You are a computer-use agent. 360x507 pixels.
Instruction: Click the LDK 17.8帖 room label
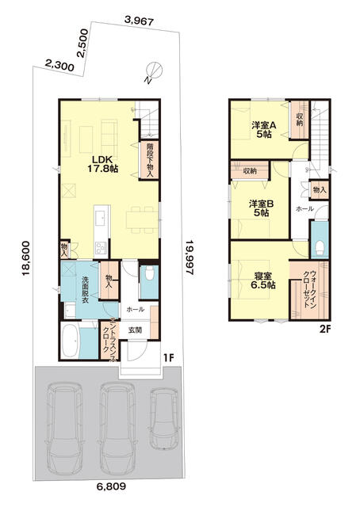[102, 164]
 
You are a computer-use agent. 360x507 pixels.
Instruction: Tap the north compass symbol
[153, 72]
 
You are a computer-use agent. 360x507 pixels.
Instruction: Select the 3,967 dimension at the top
[139, 21]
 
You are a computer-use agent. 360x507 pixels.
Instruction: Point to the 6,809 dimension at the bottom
[111, 486]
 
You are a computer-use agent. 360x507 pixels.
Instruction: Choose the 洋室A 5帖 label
[264, 130]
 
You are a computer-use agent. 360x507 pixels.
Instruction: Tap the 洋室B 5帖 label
[262, 208]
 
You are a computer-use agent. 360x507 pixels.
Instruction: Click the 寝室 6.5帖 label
[263, 280]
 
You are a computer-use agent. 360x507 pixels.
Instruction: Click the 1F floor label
[169, 357]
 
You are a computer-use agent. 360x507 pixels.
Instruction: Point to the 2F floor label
[324, 330]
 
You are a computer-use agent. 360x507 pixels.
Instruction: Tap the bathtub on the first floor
[70, 341]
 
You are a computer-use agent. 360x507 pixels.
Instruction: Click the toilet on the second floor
[320, 247]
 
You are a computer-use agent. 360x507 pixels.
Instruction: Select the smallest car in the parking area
[164, 419]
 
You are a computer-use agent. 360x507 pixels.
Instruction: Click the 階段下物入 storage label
[149, 160]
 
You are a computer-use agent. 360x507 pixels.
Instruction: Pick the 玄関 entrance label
[135, 330]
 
